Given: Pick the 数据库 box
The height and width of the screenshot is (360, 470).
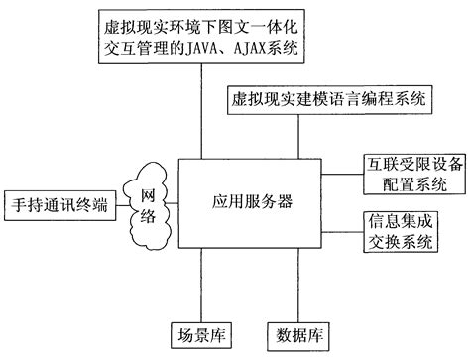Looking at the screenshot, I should click(x=300, y=332).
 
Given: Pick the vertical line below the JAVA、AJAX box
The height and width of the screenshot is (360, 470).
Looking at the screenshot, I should click(x=200, y=109).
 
